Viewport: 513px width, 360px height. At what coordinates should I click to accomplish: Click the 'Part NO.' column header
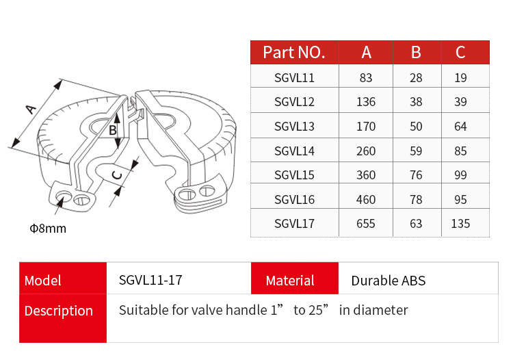click(294, 52)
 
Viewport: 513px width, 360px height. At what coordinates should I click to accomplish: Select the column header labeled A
click(366, 52)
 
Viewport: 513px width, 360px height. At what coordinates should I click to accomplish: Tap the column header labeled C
click(460, 52)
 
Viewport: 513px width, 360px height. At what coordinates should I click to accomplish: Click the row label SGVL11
click(294, 78)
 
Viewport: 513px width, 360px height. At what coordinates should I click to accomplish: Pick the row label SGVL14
click(294, 151)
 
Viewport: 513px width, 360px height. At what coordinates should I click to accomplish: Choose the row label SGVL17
click(294, 223)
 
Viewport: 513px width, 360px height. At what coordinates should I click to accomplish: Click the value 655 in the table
click(366, 223)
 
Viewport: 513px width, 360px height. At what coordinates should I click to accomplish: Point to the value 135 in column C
click(460, 223)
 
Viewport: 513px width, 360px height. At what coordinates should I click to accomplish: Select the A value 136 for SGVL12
click(366, 102)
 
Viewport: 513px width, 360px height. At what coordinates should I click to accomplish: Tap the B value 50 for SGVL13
click(416, 127)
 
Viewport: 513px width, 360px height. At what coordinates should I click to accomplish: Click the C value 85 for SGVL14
click(460, 151)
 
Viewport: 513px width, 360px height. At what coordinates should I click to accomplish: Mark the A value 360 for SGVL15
click(366, 175)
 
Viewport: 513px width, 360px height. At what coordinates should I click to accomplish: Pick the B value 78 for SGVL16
click(416, 199)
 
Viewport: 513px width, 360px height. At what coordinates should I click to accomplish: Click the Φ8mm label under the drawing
click(48, 229)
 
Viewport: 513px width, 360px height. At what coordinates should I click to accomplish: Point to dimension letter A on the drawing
click(30, 108)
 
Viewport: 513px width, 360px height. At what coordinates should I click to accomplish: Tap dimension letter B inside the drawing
click(114, 129)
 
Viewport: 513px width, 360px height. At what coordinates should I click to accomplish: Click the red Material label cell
click(290, 281)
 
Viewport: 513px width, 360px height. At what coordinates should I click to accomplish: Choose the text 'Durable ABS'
click(388, 281)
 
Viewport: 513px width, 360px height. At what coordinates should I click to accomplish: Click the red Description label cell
click(59, 311)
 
